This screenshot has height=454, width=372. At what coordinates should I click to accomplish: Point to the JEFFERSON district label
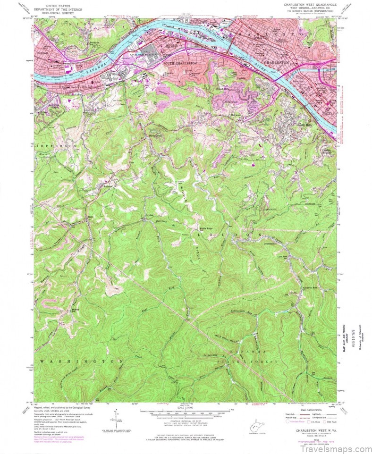(x=55, y=147)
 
